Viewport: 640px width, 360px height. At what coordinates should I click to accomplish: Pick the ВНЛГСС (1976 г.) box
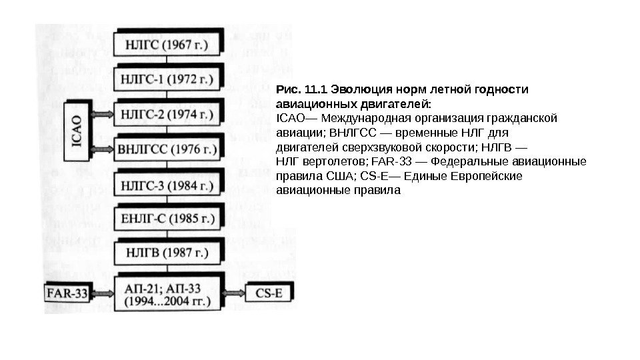(x=167, y=148)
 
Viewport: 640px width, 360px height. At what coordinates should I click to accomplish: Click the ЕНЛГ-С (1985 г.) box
(x=167, y=218)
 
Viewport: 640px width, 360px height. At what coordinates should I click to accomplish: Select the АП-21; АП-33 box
(x=167, y=293)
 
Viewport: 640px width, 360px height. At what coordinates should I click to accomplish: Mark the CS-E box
(x=269, y=293)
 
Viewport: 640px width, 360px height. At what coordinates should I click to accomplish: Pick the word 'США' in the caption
(x=340, y=177)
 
